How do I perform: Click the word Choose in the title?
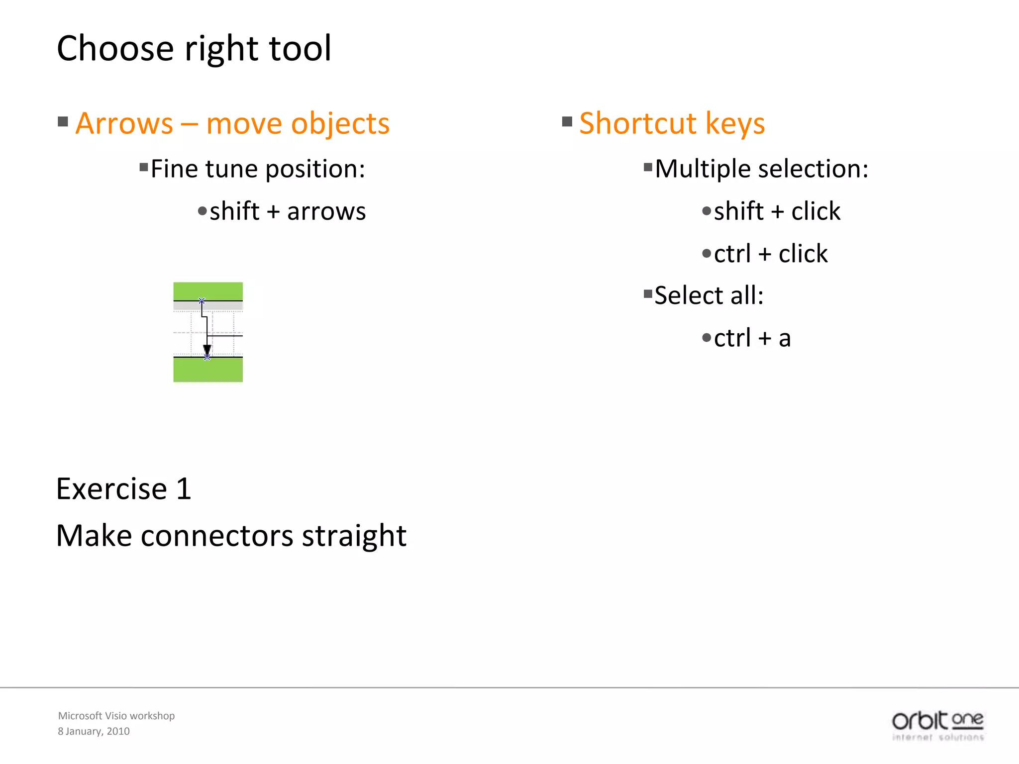115,49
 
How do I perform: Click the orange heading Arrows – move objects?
232,123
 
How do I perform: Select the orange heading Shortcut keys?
672,123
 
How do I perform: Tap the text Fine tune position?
258,169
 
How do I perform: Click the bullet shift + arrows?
288,211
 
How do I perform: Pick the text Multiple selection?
761,169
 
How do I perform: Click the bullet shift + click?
777,211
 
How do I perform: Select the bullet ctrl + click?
770,254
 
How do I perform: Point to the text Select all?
709,295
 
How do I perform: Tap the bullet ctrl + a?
752,338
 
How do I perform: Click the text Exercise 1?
124,489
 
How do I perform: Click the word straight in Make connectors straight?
354,536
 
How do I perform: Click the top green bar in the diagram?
208,291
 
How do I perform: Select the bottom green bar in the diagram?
208,370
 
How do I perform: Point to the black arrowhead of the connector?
207,350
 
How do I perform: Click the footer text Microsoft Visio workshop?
116,716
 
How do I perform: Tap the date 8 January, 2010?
94,731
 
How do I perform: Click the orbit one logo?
937,725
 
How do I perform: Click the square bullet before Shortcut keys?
567,122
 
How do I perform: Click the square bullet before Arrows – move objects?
63,122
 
